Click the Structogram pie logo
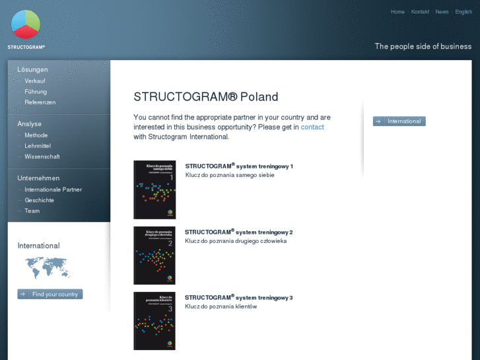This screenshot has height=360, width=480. [x=26, y=25]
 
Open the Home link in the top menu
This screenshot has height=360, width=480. [x=397, y=12]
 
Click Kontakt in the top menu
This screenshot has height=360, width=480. [x=420, y=12]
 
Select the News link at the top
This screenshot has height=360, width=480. [x=442, y=12]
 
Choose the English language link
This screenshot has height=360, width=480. [x=463, y=12]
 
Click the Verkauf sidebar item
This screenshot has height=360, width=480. [x=35, y=81]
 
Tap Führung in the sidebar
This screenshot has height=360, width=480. [x=36, y=92]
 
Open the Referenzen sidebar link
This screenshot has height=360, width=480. [x=40, y=102]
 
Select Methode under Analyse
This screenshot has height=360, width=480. [x=36, y=135]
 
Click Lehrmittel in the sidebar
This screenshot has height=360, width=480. [x=38, y=145]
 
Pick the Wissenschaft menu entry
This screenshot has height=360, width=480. [x=42, y=157]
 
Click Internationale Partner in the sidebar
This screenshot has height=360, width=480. [x=53, y=190]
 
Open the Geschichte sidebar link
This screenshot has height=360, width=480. [x=40, y=200]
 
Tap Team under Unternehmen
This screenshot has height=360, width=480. [x=32, y=211]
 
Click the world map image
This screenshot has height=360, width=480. [x=48, y=268]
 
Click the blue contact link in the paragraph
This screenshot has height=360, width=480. [x=312, y=127]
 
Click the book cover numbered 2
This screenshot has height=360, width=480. [x=154, y=255]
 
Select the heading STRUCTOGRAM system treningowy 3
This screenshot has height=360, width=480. [x=238, y=298]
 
